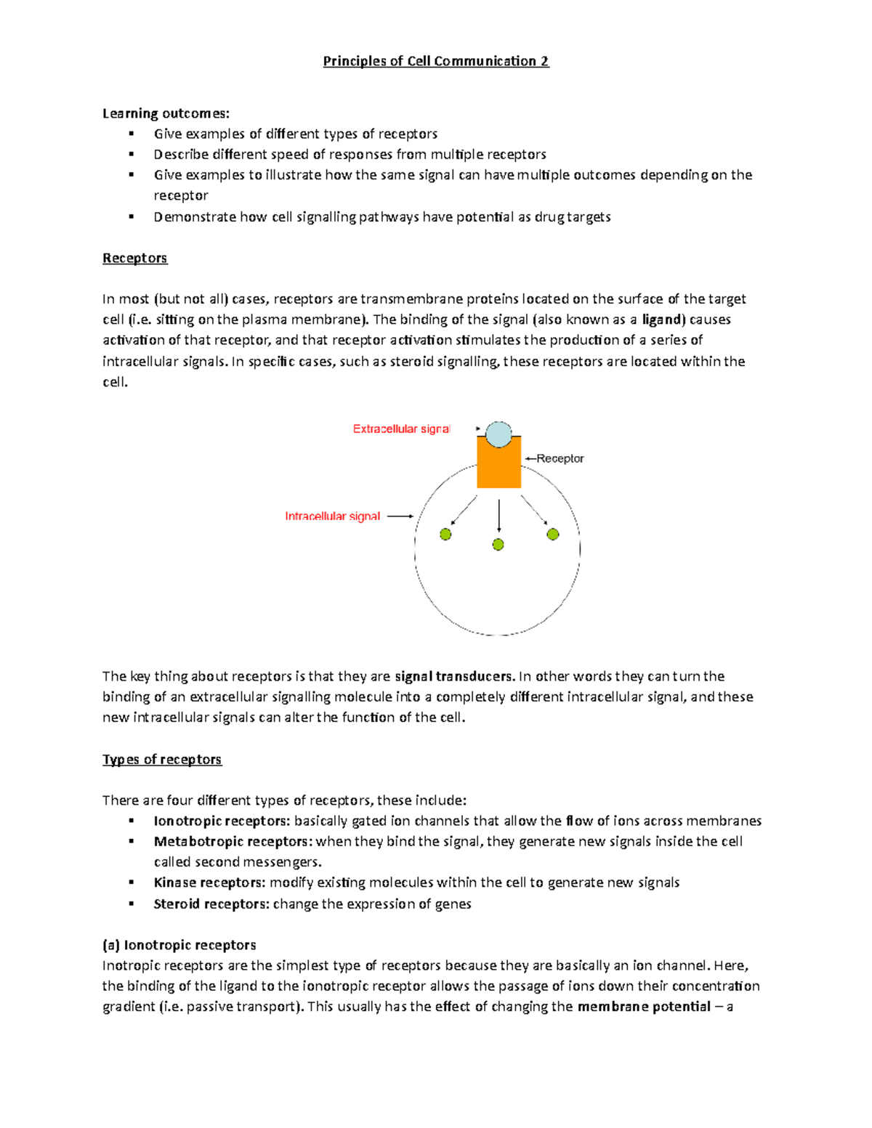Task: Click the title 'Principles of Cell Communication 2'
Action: pyautogui.click(x=436, y=61)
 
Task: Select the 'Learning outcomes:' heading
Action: pyautogui.click(x=166, y=113)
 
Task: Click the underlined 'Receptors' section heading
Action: pyautogui.click(x=134, y=258)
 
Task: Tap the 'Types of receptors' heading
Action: pyautogui.click(x=161, y=759)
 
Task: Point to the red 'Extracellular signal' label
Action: pyautogui.click(x=401, y=429)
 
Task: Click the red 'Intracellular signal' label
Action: pyautogui.click(x=332, y=516)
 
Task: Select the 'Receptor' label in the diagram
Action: pyautogui.click(x=560, y=458)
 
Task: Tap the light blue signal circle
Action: pyautogui.click(x=498, y=434)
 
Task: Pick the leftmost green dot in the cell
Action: pyautogui.click(x=445, y=535)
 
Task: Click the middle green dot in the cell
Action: pyautogui.click(x=498, y=545)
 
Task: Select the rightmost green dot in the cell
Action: pyautogui.click(x=553, y=535)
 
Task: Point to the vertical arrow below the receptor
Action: pyautogui.click(x=498, y=516)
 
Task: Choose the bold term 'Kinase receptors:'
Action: pyautogui.click(x=210, y=882)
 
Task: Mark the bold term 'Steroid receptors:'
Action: pyautogui.click(x=211, y=904)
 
